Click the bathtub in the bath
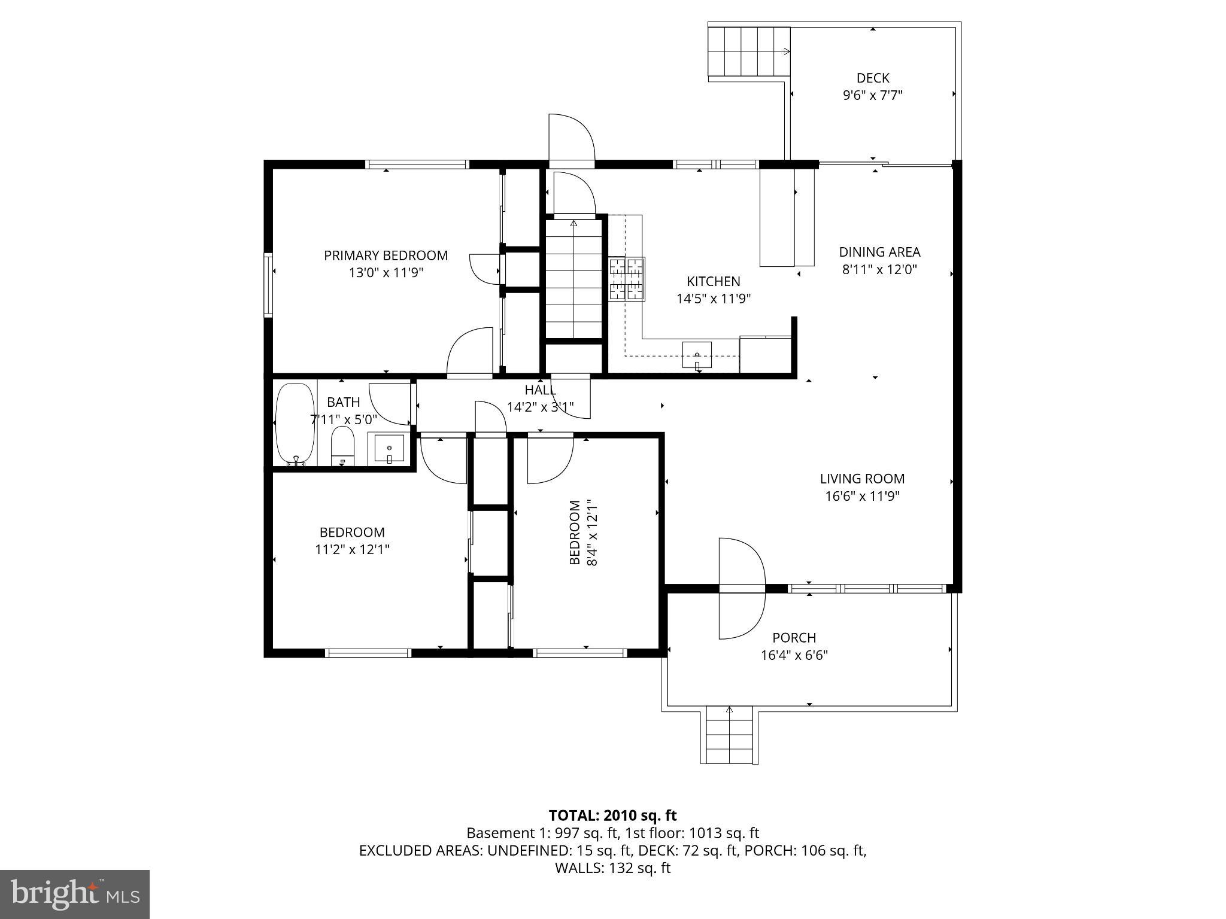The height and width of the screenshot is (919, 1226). point(295,424)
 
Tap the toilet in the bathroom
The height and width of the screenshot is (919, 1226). point(342,446)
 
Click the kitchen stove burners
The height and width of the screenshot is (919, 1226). point(627,278)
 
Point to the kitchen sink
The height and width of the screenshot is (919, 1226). point(697,355)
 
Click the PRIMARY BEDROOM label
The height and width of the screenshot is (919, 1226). point(386,255)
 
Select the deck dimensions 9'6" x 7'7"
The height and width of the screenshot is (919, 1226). point(872,95)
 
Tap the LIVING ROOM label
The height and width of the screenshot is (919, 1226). point(862,479)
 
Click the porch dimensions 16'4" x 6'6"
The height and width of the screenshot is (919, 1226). point(794,655)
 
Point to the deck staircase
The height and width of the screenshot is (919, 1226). point(749,52)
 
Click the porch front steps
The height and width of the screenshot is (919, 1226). point(729,735)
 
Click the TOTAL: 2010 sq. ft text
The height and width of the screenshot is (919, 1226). point(612,815)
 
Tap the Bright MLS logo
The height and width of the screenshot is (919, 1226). point(75,894)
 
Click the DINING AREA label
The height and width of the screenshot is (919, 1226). point(879,252)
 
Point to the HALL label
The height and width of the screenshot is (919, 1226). point(540,390)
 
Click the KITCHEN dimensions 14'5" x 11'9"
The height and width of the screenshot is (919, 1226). point(713,299)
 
